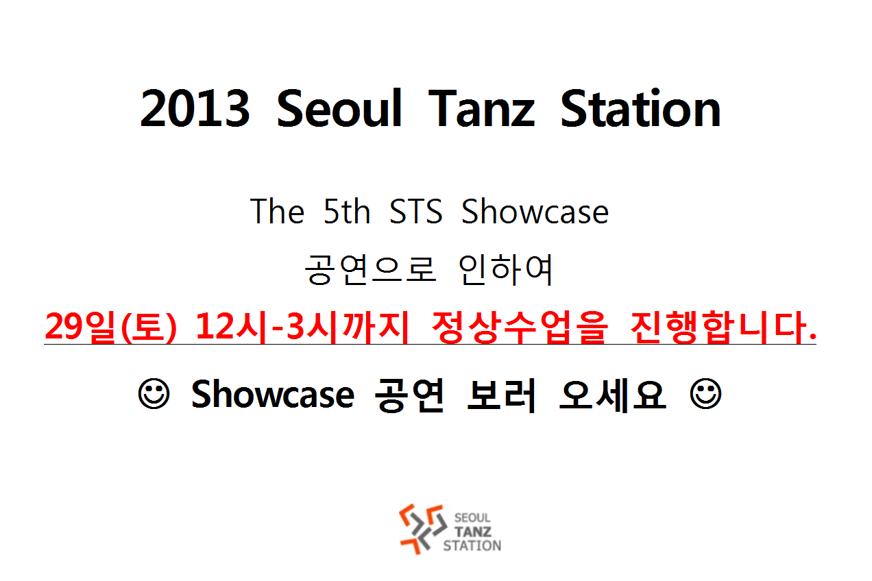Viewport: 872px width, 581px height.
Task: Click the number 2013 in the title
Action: click(x=195, y=108)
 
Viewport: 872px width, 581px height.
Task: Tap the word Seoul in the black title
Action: click(x=339, y=108)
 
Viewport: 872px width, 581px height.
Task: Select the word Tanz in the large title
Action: click(x=481, y=108)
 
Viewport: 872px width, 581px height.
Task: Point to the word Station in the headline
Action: click(x=641, y=108)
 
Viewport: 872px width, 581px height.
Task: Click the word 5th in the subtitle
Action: click(x=346, y=211)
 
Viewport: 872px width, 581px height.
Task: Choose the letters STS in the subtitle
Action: click(x=415, y=211)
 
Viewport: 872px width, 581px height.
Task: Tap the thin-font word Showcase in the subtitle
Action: click(x=535, y=211)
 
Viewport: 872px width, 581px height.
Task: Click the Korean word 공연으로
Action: click(x=370, y=269)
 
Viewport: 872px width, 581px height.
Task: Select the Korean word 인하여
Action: click(x=505, y=269)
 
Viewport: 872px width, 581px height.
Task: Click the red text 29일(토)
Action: click(x=110, y=327)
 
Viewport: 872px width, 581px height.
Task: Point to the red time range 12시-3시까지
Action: click(x=302, y=327)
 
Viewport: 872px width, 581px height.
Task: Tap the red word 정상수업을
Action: click(x=520, y=327)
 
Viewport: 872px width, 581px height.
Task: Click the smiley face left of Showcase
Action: click(x=154, y=394)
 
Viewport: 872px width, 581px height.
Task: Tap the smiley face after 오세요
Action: click(x=705, y=394)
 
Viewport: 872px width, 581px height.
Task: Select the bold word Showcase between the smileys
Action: click(x=273, y=394)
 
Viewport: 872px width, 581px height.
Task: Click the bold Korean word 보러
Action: click(x=502, y=395)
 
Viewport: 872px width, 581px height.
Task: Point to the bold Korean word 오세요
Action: click(x=612, y=395)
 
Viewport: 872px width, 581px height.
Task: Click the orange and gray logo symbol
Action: click(x=422, y=529)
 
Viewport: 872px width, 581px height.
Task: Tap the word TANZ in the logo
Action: click(x=472, y=532)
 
